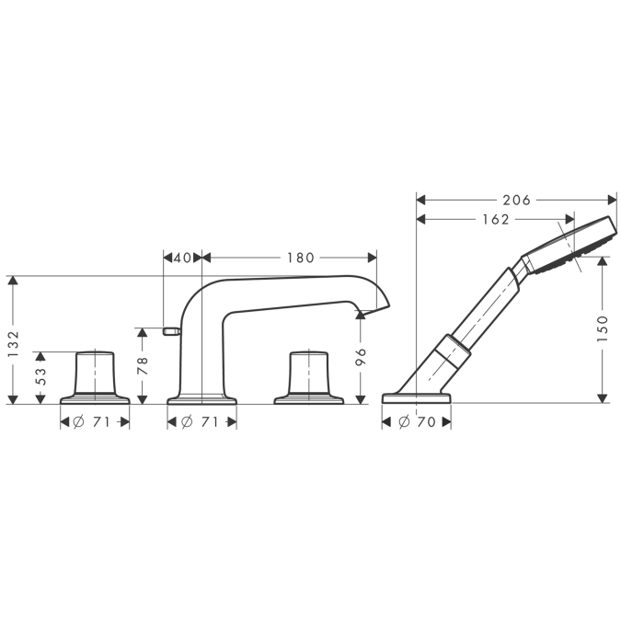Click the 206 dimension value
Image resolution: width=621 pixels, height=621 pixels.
coord(516,201)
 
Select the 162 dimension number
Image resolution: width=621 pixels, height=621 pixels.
coord(496,219)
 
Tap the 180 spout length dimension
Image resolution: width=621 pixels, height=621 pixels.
coord(300,259)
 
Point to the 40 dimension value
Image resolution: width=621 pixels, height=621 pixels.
coord(182,259)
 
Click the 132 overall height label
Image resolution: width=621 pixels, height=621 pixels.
coord(14,344)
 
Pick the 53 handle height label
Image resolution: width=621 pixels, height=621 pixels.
coord(40,377)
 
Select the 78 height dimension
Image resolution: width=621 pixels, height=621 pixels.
coord(143,365)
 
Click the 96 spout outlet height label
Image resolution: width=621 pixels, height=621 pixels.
coord(361,357)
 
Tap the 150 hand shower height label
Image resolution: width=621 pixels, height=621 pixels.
coord(602,329)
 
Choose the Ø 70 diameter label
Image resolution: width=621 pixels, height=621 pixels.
coord(418,422)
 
